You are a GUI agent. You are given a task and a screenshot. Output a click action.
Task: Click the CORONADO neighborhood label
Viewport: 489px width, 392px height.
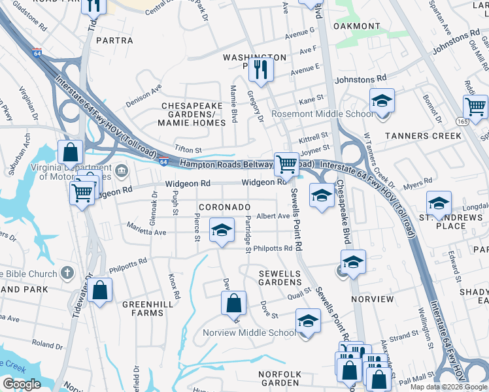224,206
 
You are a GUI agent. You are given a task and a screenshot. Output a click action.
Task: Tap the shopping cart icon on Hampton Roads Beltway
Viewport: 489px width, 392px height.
286,164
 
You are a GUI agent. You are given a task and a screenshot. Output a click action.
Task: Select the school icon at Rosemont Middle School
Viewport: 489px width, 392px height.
382,101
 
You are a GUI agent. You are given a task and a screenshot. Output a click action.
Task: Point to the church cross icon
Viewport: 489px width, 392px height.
66,272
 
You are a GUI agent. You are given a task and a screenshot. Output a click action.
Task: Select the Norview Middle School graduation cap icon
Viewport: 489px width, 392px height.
308,321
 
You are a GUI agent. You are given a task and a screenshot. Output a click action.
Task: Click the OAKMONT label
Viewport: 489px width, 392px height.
356,26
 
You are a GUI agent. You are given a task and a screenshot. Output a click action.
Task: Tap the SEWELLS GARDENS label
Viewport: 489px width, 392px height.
280,278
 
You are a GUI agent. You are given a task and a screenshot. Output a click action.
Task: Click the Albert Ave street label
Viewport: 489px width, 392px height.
273,216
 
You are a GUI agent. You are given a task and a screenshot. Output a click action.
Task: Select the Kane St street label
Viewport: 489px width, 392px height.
311,100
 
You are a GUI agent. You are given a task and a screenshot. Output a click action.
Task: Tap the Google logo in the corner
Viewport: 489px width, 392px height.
22,384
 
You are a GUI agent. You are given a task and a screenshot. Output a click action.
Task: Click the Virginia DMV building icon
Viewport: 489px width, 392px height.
122,172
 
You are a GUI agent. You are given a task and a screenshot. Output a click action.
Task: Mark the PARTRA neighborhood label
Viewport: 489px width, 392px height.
114,41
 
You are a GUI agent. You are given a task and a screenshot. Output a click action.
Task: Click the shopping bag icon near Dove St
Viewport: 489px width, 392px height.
233,302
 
